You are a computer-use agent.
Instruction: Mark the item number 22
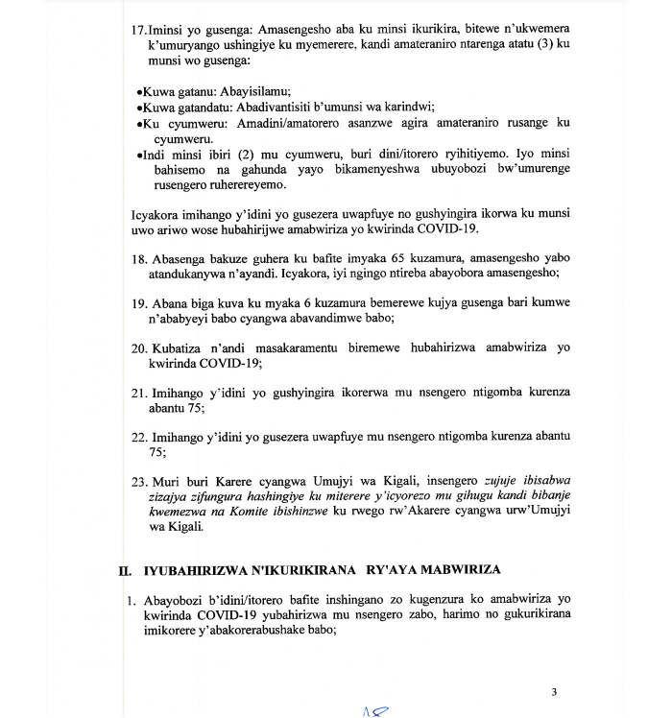pos(138,437)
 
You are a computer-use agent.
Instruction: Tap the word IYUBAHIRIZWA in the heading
pos(193,570)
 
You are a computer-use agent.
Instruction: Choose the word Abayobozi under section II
pos(182,601)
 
